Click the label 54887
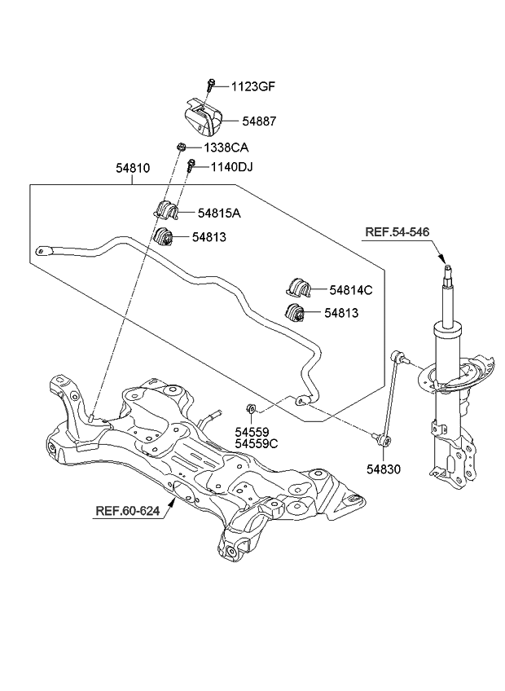[258, 121]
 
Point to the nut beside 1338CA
[182, 147]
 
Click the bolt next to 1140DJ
[190, 168]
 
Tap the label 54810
[134, 169]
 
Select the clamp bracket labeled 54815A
[166, 210]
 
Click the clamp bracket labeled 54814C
[299, 287]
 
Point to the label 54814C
[351, 289]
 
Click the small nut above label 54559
[251, 408]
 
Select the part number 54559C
[257, 444]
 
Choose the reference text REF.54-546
[397, 232]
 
